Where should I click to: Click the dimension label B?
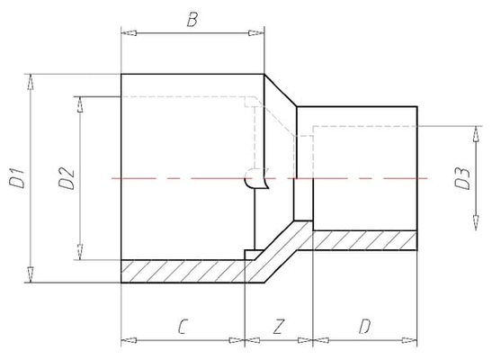192,20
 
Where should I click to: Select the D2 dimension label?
67,179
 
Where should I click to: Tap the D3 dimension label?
463,179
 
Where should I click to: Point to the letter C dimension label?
183,327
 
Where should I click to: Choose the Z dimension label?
278,327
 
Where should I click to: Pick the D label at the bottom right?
364,327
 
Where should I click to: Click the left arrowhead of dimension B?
129,33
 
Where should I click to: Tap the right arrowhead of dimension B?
256,33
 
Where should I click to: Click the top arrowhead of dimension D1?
30,82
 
